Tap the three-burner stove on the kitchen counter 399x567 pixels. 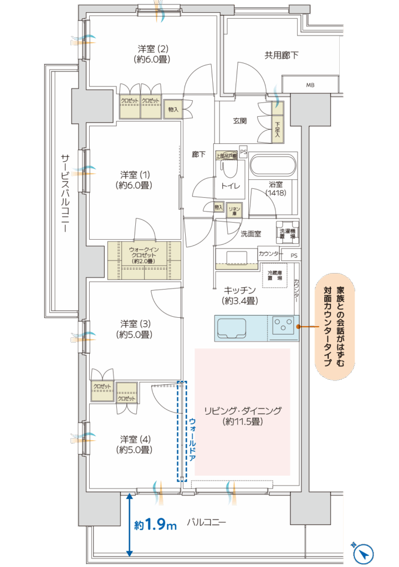[x=283, y=326]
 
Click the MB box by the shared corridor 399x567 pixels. [x=309, y=85]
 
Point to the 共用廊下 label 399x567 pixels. [x=281, y=55]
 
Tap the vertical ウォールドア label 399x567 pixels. [x=192, y=441]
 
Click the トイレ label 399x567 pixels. [x=231, y=186]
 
